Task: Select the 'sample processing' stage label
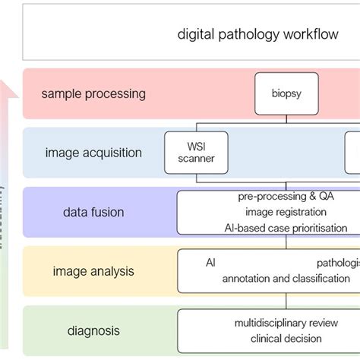tap(93, 94)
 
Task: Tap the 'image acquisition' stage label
tap(93, 153)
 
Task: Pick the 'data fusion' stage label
tap(93, 212)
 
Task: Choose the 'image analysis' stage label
tap(93, 270)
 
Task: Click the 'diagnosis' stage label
tap(93, 330)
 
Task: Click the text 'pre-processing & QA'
tap(286, 197)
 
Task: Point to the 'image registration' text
tap(286, 212)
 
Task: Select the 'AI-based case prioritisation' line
tap(286, 227)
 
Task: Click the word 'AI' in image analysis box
tap(210, 262)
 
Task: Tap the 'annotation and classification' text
tap(286, 279)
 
